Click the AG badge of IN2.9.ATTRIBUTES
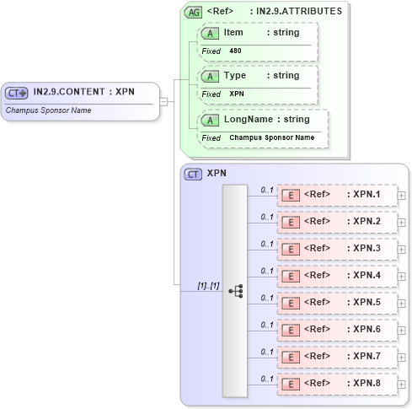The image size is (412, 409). pyautogui.click(x=193, y=12)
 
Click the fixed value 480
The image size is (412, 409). pyautogui.click(x=236, y=51)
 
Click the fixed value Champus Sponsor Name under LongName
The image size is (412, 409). pyautogui.click(x=271, y=137)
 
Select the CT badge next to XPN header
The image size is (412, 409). pyautogui.click(x=193, y=174)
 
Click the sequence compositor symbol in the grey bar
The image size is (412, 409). pyautogui.click(x=235, y=290)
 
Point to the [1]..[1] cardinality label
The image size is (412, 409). pyautogui.click(x=207, y=286)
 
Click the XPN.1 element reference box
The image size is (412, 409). pyautogui.click(x=336, y=196)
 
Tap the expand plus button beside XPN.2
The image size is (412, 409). pyautogui.click(x=402, y=222)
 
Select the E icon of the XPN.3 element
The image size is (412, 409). pyautogui.click(x=290, y=250)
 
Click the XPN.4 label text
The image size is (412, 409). pyautogui.click(x=367, y=275)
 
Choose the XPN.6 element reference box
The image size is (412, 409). pyautogui.click(x=336, y=330)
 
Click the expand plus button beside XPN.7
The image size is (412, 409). pyautogui.click(x=402, y=357)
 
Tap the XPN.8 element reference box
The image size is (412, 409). pyautogui.click(x=336, y=384)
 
